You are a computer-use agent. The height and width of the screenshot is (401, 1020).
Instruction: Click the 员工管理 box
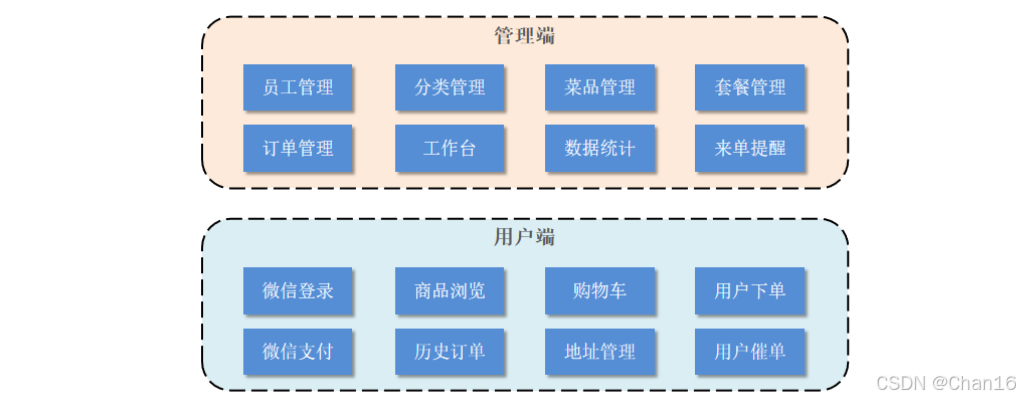click(298, 88)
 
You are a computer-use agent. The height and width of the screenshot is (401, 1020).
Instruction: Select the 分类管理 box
click(450, 88)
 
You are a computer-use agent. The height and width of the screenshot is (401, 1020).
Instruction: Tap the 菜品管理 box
click(600, 88)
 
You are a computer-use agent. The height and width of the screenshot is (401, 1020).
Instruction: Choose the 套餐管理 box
click(750, 88)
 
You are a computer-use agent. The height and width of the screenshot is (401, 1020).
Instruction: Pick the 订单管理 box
click(298, 148)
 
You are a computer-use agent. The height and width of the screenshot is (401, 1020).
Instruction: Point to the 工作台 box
click(450, 148)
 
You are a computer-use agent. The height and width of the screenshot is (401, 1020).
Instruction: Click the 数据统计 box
click(600, 148)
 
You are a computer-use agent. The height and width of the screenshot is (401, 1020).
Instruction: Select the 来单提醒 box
click(750, 148)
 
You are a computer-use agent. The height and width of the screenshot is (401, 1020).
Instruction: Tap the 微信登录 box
click(298, 291)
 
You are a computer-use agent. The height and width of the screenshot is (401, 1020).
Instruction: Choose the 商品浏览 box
click(450, 291)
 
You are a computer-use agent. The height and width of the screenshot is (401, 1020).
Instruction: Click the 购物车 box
click(600, 291)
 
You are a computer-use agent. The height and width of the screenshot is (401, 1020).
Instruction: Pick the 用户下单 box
click(750, 291)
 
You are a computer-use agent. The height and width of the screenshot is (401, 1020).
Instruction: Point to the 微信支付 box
click(298, 351)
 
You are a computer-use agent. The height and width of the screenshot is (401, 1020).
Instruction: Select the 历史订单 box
click(450, 351)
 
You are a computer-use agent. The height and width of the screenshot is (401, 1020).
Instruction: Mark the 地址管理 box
click(600, 351)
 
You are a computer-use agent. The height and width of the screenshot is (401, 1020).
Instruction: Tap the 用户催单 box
click(750, 351)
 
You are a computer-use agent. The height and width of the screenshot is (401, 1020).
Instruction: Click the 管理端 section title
click(525, 37)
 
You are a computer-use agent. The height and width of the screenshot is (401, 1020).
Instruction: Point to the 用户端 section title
click(525, 238)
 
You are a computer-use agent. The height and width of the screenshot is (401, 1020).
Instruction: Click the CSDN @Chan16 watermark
click(945, 383)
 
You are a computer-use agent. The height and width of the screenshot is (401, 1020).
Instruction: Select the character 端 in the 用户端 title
click(545, 238)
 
